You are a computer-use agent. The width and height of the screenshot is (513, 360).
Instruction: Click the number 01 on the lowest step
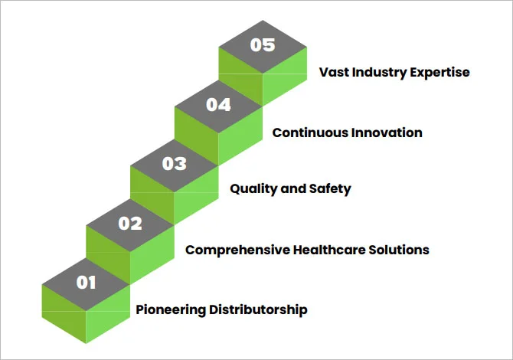[x=86, y=283]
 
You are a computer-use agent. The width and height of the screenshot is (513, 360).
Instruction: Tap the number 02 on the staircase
[x=130, y=223]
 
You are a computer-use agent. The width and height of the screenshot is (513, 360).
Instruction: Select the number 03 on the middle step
[x=175, y=163]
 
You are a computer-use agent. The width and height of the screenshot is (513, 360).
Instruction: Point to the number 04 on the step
[x=218, y=104]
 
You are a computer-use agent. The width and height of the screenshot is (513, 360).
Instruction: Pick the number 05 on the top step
[x=263, y=44]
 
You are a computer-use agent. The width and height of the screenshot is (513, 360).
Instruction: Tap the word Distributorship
[x=256, y=309]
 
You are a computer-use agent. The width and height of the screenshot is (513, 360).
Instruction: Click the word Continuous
[x=310, y=133]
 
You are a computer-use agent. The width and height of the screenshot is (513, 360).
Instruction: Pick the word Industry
[x=380, y=73]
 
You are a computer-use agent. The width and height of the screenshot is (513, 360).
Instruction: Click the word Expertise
[x=441, y=73]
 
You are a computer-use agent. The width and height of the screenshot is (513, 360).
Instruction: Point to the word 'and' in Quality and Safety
[x=294, y=189]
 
